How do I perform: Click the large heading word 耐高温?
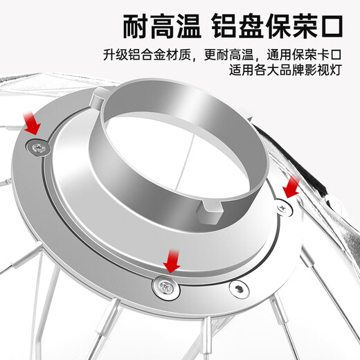[x=162, y=26]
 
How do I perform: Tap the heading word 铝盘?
[x=238, y=26]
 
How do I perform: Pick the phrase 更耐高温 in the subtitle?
[x=228, y=55]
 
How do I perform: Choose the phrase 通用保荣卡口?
[x=304, y=55]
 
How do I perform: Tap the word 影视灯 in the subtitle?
[x=323, y=69]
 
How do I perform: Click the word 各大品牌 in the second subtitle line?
[x=279, y=69]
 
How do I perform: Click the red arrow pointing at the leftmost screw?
[x=32, y=123]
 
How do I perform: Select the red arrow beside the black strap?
[x=291, y=187]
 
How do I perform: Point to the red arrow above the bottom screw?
[x=172, y=261]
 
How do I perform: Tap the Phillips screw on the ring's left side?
[x=38, y=147]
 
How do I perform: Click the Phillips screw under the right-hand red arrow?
[x=283, y=208]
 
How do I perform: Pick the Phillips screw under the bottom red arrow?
[x=165, y=287]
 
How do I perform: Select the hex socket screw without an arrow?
[x=239, y=289]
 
